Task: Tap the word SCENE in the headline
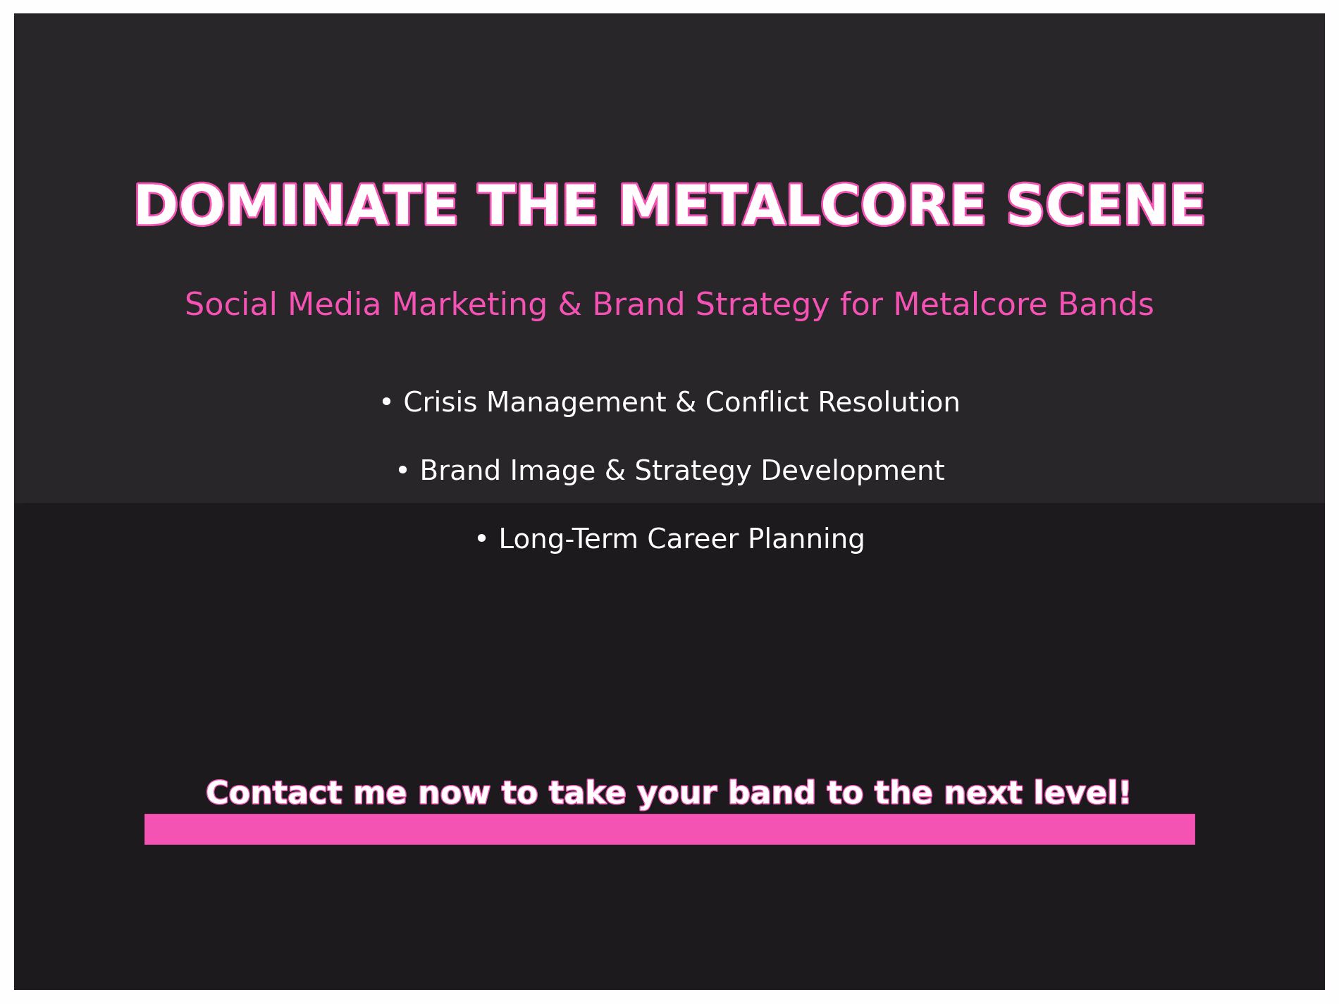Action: tap(1106, 206)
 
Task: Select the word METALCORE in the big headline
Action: tap(801, 206)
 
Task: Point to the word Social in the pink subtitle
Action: tap(230, 304)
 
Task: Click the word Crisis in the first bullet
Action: tap(440, 402)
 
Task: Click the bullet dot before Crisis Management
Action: tap(385, 402)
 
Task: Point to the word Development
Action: tap(853, 471)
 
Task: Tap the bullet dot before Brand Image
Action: tap(402, 470)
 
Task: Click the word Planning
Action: tap(806, 540)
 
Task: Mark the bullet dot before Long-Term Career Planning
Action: tap(481, 538)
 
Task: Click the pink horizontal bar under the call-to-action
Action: tap(669, 829)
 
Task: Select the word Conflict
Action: tap(757, 402)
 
